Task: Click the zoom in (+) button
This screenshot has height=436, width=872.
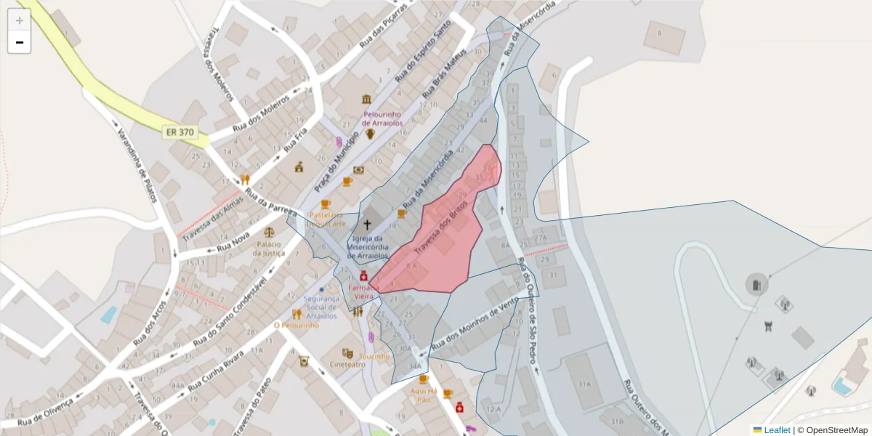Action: pos(20,20)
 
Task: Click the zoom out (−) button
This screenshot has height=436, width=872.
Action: pos(20,42)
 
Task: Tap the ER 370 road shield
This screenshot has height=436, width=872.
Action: pos(179,132)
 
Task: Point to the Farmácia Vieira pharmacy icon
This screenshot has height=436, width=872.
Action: pos(363,276)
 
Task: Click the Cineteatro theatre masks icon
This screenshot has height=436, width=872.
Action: pos(347,352)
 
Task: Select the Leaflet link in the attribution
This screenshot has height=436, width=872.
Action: pos(776,430)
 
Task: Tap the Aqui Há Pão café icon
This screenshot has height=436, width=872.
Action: pos(424,379)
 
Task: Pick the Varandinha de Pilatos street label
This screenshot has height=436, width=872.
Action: pos(137,156)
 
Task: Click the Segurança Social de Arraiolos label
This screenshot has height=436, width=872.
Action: pos(321,307)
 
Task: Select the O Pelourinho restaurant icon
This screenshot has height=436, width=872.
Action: pos(296,314)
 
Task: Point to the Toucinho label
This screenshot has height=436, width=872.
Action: pos(375,357)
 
